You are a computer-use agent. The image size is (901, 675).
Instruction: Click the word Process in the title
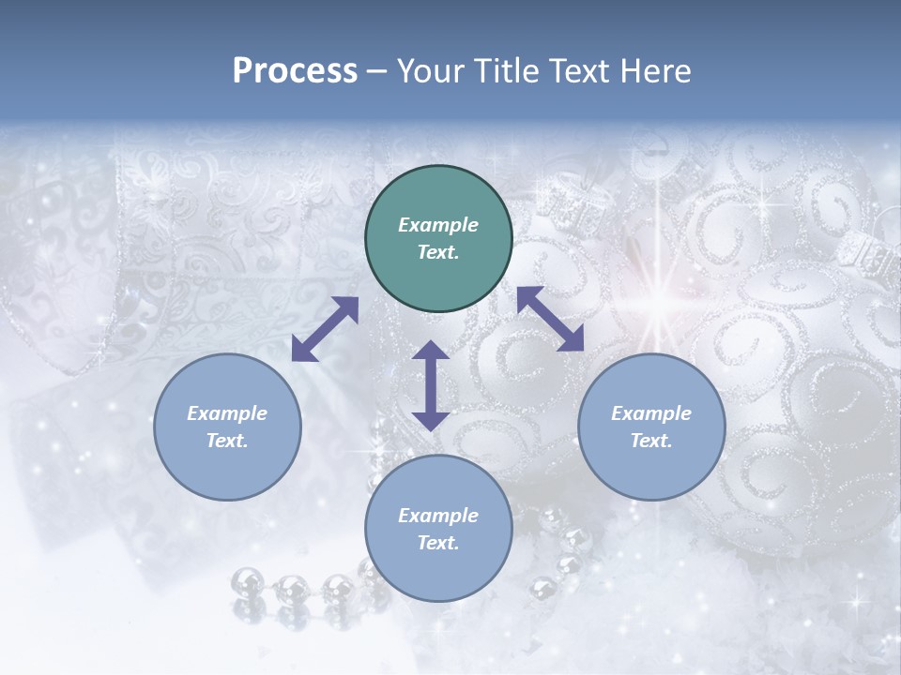(295, 71)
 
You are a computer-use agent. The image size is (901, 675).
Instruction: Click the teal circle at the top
(438, 239)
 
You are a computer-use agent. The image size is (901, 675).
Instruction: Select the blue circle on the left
(227, 427)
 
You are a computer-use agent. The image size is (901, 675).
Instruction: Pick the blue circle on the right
(651, 427)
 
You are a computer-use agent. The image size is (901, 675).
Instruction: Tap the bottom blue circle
(438, 529)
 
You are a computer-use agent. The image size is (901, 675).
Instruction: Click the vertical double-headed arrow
(431, 386)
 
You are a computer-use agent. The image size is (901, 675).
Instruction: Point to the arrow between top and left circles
(325, 329)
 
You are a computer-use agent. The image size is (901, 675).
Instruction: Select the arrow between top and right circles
(551, 319)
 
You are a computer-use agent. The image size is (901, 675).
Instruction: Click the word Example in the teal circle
(438, 225)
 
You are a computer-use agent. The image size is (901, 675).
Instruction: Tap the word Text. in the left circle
(227, 441)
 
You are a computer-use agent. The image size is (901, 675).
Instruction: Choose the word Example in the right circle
(651, 413)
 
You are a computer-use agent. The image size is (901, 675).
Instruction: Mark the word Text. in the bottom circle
(438, 543)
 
